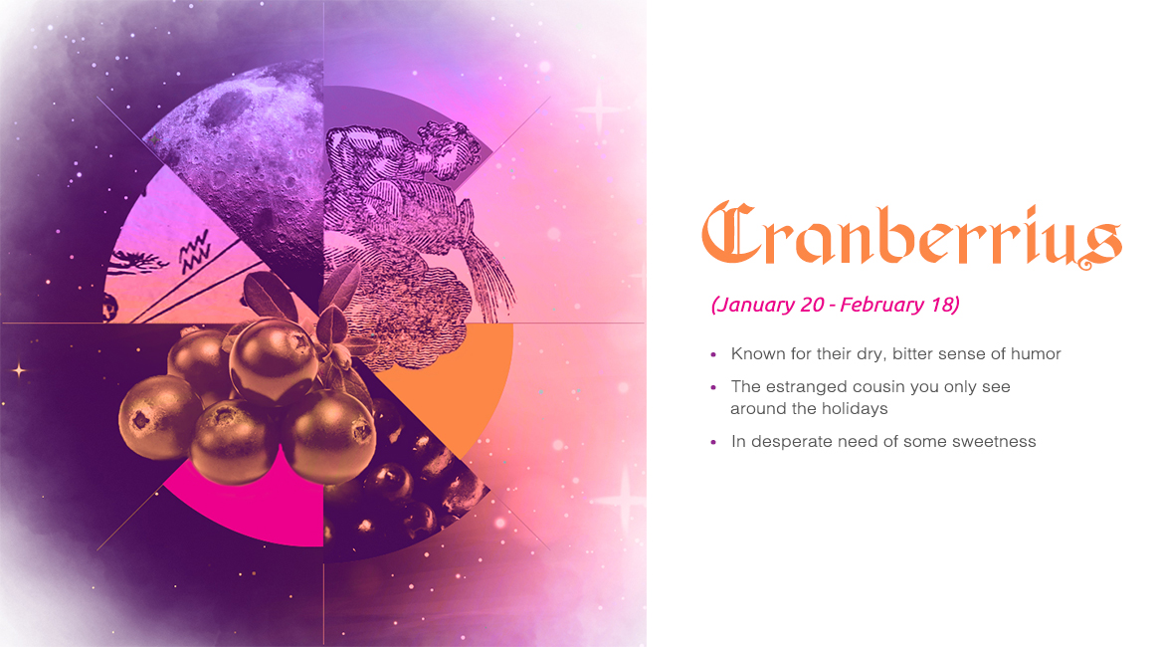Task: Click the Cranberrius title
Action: pos(911,235)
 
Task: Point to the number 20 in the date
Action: pos(812,305)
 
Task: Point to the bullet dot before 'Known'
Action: pos(713,355)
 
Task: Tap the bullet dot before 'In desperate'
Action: pos(713,443)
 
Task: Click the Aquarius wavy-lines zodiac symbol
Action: pos(195,251)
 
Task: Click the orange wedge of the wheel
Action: pos(459,378)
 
